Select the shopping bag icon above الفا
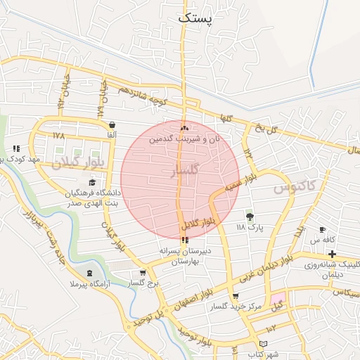(x=113, y=124)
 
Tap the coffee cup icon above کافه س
(x=322, y=229)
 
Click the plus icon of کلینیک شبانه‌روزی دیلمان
(x=332, y=253)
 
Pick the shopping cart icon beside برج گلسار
(x=143, y=273)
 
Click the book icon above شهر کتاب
(x=264, y=344)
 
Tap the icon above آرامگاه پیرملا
(x=89, y=273)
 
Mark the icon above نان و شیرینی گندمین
(x=184, y=128)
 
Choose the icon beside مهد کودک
(x=15, y=148)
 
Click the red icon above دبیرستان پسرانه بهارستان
(x=185, y=240)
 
